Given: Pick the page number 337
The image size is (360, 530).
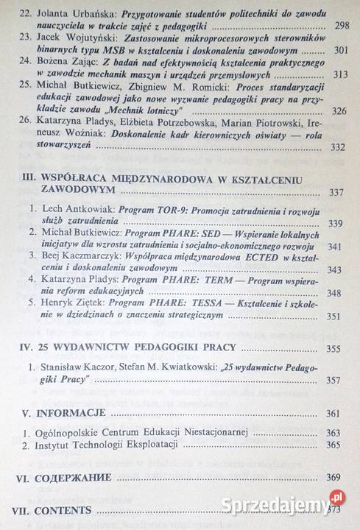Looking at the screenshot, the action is click(x=336, y=194).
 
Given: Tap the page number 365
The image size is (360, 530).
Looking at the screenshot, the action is click(x=336, y=446).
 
